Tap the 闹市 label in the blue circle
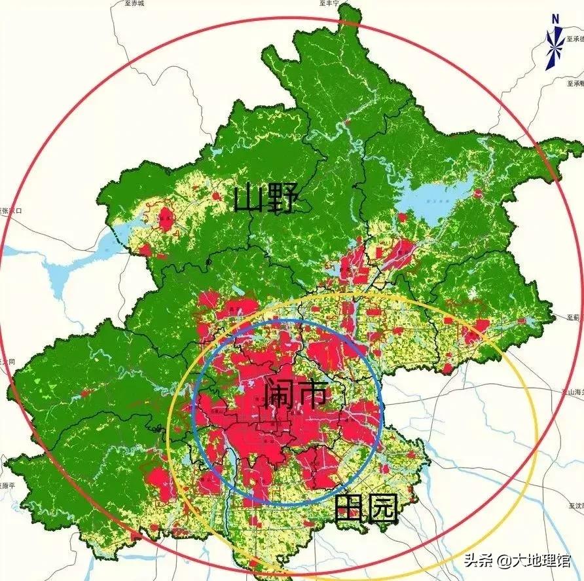coord(295,394)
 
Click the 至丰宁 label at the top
coord(329,3)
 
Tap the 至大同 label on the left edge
coord(7,362)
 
